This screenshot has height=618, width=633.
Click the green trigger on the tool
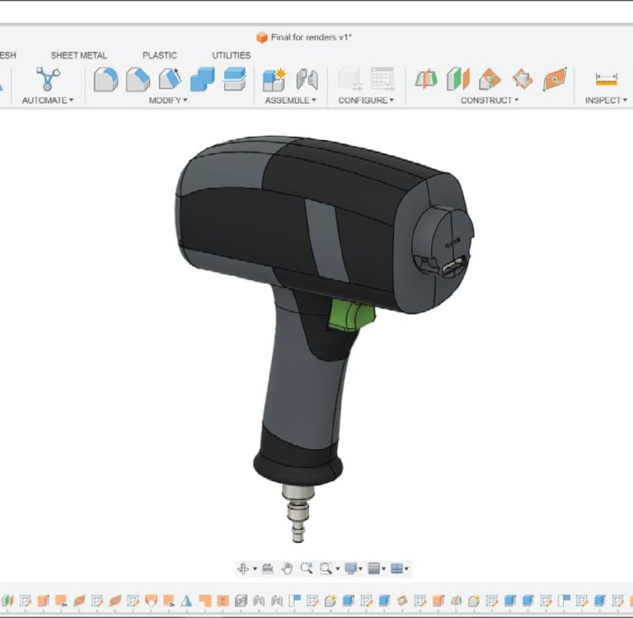tap(350, 315)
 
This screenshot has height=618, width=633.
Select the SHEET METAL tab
tap(79, 55)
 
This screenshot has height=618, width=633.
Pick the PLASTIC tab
tap(160, 55)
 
